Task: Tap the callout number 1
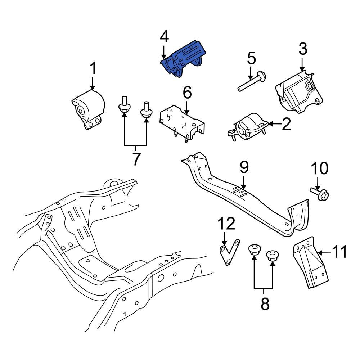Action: tap(93, 68)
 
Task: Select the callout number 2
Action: tap(286, 124)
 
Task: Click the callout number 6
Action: tap(187, 93)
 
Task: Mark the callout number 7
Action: tap(135, 159)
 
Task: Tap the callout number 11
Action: tap(339, 252)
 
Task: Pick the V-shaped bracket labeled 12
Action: tap(228, 252)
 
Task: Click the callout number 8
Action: tap(265, 304)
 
